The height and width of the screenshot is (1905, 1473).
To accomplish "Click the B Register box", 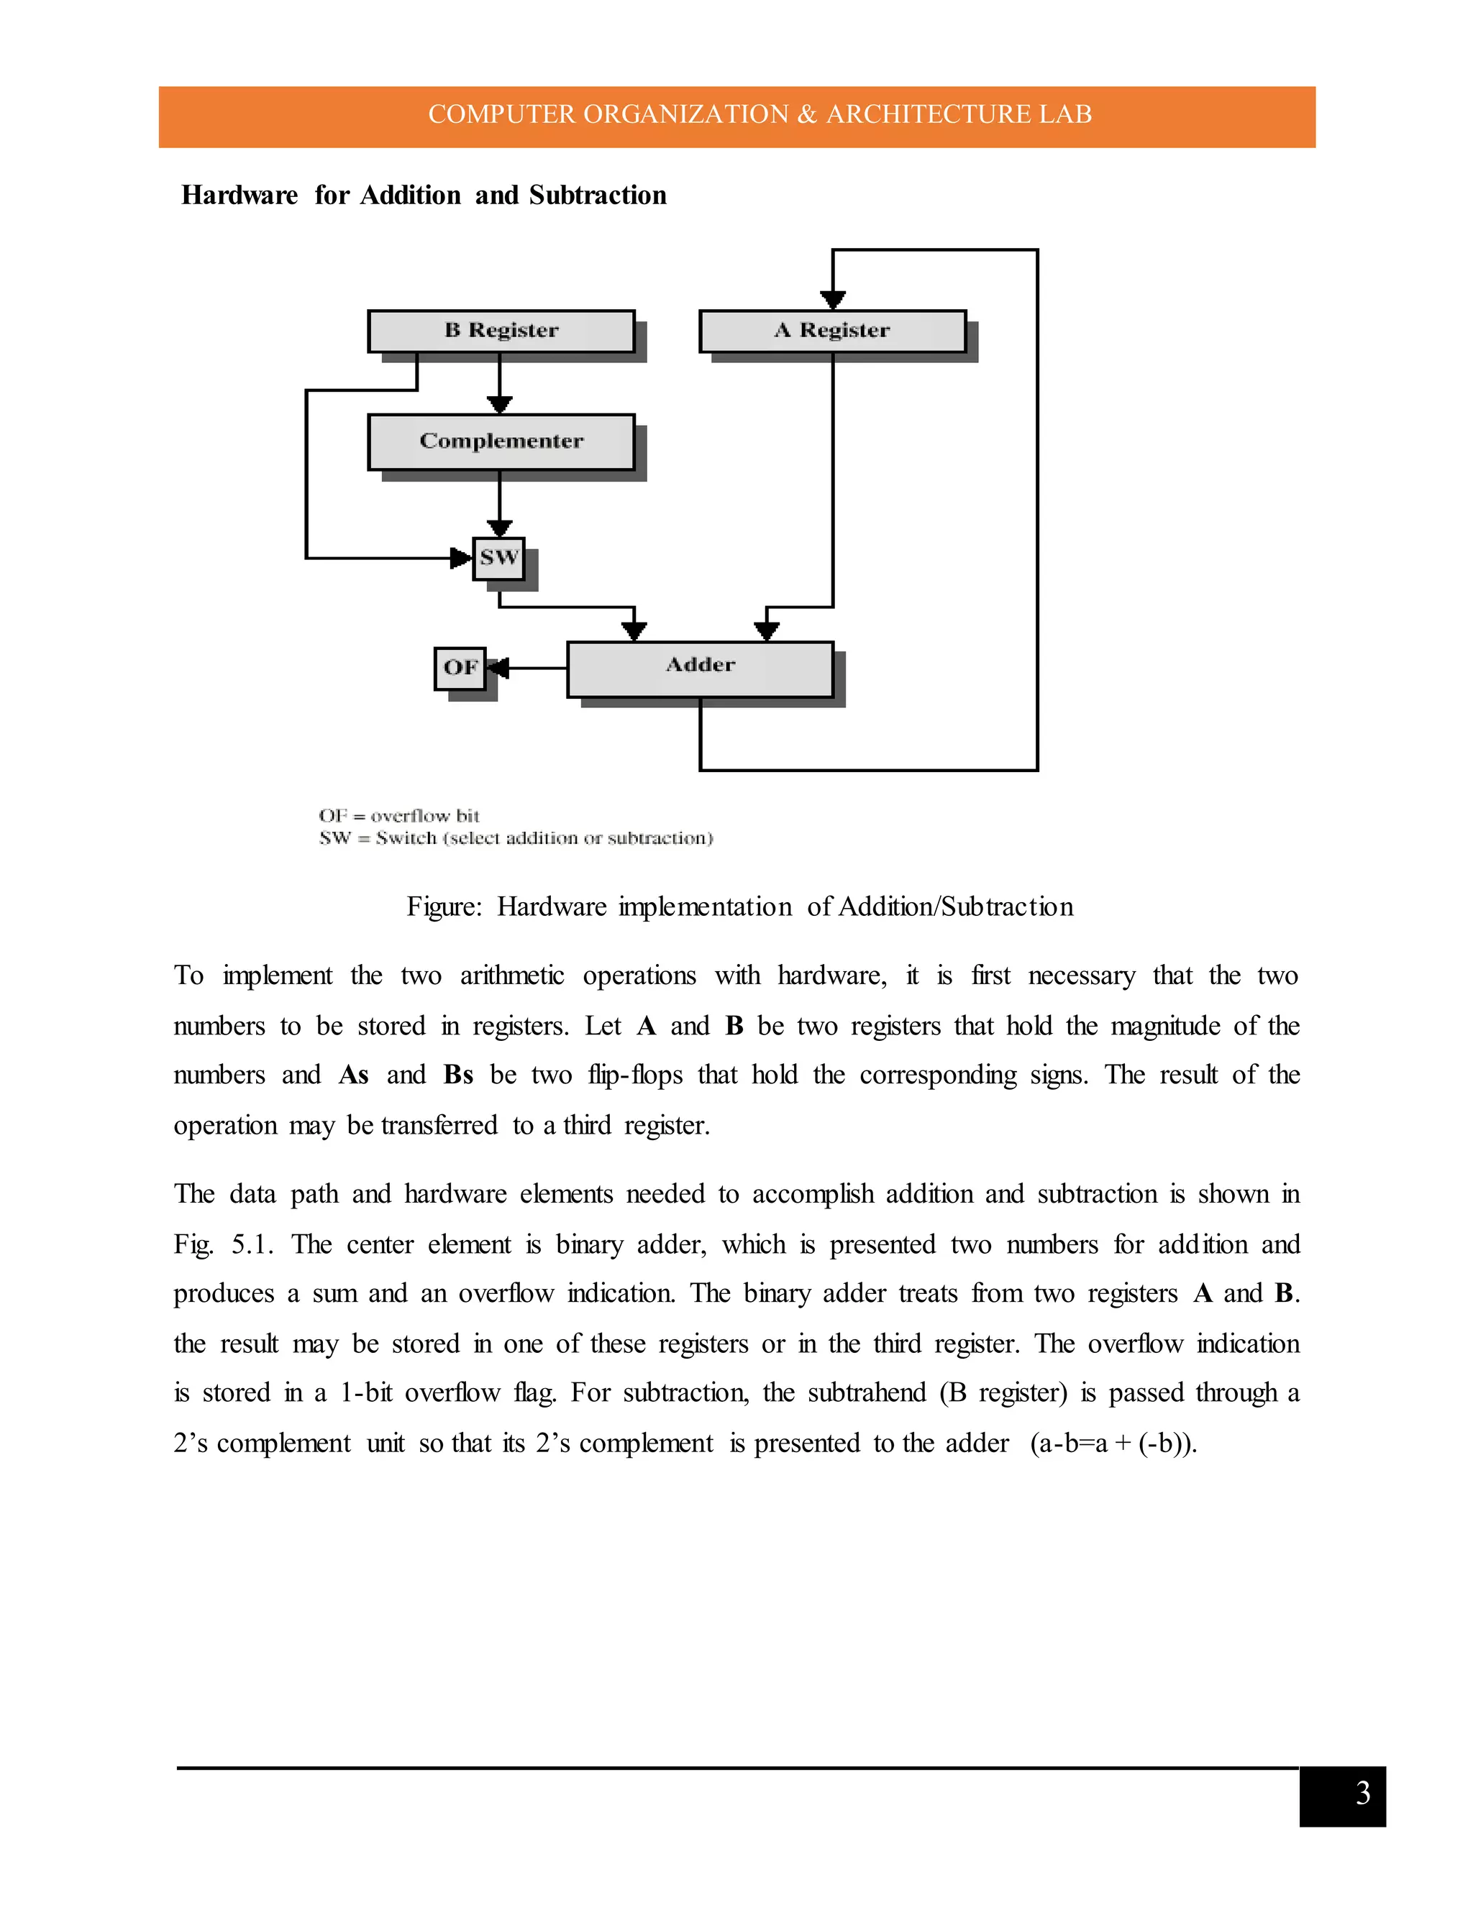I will pyautogui.click(x=501, y=331).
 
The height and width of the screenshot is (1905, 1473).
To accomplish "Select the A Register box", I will pyautogui.click(x=832, y=331).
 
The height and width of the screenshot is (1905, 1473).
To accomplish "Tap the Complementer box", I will pyautogui.click(x=501, y=441).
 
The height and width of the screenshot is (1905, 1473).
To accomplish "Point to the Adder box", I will pyautogui.click(x=700, y=669).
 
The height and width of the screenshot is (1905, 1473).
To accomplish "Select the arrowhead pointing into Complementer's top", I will pyautogui.click(x=499, y=405).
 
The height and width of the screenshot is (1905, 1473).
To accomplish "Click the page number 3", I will pyautogui.click(x=1363, y=1794).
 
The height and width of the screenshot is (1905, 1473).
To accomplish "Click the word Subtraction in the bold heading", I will pyautogui.click(x=598, y=196).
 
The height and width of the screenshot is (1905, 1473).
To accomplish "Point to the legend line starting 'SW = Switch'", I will pyautogui.click(x=516, y=839).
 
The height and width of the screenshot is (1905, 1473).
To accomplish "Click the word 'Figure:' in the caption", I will pyautogui.click(x=444, y=907).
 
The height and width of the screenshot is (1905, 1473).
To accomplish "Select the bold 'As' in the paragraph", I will pyautogui.click(x=353, y=1075).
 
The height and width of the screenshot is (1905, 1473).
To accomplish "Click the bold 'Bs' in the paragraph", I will pyautogui.click(x=458, y=1075).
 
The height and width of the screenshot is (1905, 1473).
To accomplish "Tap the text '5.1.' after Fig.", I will pyautogui.click(x=252, y=1244).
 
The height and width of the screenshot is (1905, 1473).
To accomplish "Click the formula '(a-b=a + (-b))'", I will pyautogui.click(x=1113, y=1443).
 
